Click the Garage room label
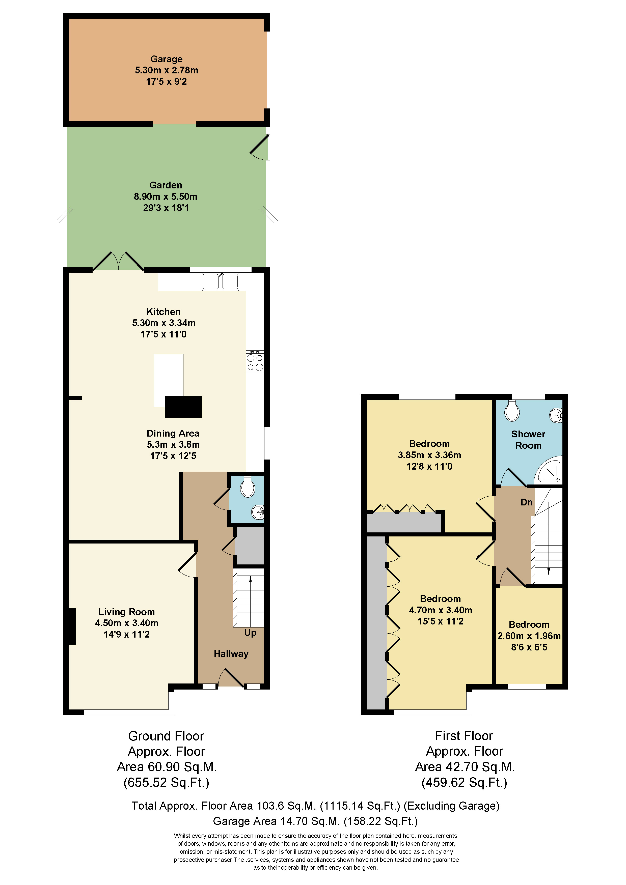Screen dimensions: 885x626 [166, 59]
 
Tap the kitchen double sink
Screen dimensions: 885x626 [220, 281]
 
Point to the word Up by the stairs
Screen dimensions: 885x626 [250, 633]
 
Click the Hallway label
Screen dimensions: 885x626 [231, 654]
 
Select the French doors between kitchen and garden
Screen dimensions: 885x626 [118, 262]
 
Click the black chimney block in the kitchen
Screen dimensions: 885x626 [183, 407]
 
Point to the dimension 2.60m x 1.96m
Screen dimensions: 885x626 [529, 636]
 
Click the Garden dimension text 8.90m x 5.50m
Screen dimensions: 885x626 [166, 196]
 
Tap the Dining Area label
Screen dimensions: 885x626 [173, 433]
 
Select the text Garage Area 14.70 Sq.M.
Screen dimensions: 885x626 [276, 821]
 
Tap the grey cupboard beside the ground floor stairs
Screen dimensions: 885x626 [250, 546]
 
